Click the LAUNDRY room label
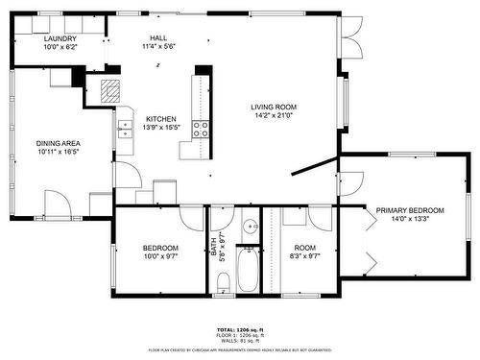pyautogui.click(x=60, y=37)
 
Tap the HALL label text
pyautogui.click(x=158, y=37)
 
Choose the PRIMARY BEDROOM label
pyautogui.click(x=410, y=210)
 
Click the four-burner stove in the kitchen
pyautogui.click(x=202, y=130)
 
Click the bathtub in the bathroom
pyautogui.click(x=248, y=270)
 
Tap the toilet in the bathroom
pyautogui.click(x=222, y=280)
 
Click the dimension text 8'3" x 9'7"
pyautogui.click(x=305, y=255)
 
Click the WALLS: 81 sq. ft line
pyautogui.click(x=239, y=340)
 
